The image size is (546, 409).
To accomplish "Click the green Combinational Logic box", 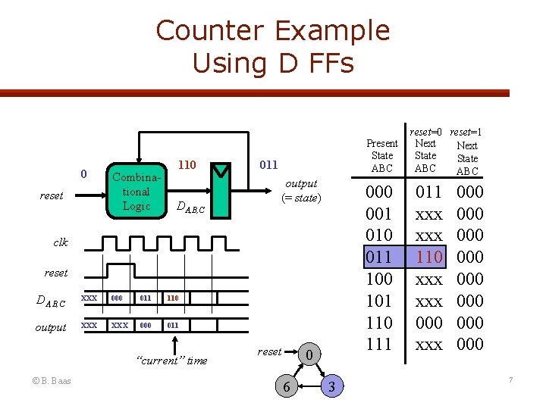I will [x=136, y=192].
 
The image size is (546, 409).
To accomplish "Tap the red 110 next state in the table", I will [x=428, y=257].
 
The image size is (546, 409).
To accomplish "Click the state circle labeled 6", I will [x=286, y=386].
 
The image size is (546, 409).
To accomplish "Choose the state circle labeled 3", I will [x=331, y=386].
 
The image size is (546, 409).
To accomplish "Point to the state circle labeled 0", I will [x=308, y=353].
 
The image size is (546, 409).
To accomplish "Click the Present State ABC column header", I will [x=381, y=155].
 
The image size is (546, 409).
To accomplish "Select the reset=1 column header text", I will [x=466, y=133].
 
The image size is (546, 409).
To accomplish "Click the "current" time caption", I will [x=170, y=361].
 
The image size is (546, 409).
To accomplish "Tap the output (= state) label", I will [x=301, y=191].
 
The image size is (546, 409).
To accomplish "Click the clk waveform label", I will [x=61, y=242].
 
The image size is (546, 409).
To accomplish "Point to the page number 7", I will [x=511, y=379].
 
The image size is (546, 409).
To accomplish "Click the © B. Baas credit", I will [x=51, y=380].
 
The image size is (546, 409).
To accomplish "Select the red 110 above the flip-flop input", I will [x=187, y=164].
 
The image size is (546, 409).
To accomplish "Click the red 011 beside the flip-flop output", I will [x=268, y=164].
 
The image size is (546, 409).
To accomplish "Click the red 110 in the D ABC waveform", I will [x=172, y=298].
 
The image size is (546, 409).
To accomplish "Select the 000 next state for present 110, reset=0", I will [x=428, y=323].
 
